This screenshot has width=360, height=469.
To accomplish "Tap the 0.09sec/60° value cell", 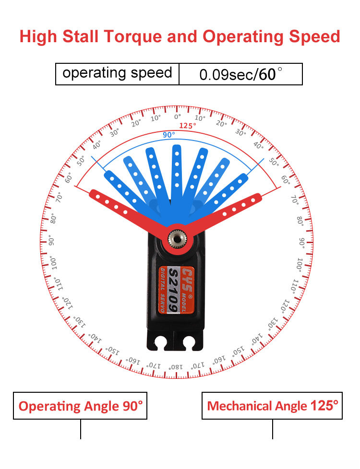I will click(x=240, y=74).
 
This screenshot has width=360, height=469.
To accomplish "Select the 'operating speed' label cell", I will click(x=117, y=73).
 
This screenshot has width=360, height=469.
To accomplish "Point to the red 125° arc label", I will click(x=188, y=126).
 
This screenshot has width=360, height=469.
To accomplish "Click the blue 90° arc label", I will click(x=168, y=135).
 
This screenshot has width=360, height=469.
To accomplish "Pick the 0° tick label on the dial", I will click(x=177, y=117).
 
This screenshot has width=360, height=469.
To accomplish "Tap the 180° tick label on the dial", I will click(x=176, y=367).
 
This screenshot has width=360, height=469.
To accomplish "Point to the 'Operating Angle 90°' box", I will click(x=80, y=406).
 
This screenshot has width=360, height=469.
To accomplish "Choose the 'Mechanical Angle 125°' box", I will click(x=272, y=406).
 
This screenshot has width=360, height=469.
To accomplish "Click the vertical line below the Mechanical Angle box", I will click(x=273, y=429).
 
